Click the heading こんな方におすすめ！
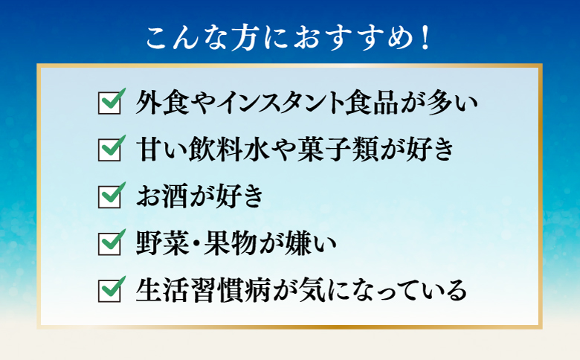(x=289, y=37)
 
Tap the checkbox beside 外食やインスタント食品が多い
(x=109, y=102)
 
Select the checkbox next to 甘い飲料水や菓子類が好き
(x=109, y=149)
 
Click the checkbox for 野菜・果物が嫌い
(x=109, y=242)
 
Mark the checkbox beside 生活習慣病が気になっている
(x=109, y=289)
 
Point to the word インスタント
(x=274, y=103)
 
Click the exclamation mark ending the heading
(x=425, y=37)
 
